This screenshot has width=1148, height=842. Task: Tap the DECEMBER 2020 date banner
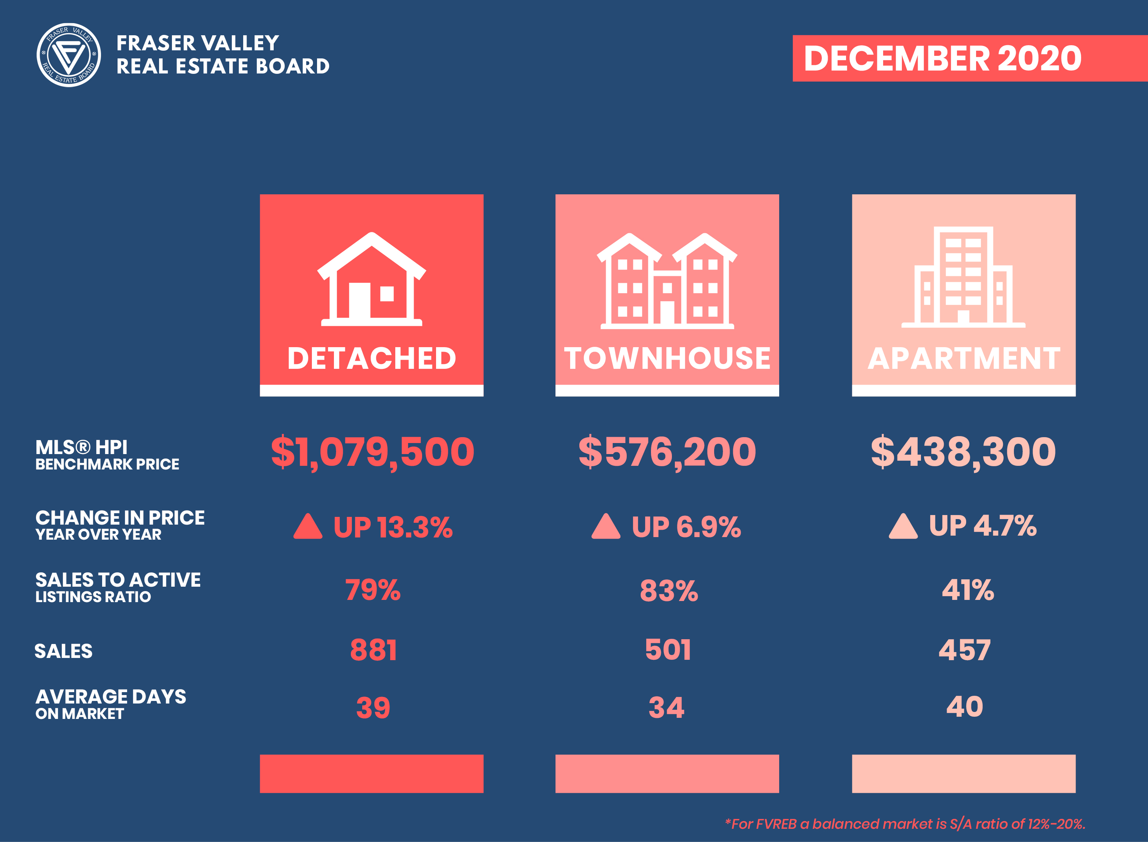point(943,58)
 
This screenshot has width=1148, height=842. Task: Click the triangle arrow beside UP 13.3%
point(308,526)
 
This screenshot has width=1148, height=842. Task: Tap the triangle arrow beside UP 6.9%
point(605,526)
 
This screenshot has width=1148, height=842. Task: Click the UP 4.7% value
point(982,525)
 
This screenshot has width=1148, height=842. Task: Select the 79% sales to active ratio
point(373,590)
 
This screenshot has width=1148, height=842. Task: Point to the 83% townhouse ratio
point(669,591)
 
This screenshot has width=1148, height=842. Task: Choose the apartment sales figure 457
point(965,650)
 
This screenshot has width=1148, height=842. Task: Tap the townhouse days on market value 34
point(666,708)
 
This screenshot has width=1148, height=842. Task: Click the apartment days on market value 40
point(965,707)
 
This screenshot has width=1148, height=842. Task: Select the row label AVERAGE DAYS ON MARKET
point(111,704)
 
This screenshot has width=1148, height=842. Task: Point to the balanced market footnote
point(905,824)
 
